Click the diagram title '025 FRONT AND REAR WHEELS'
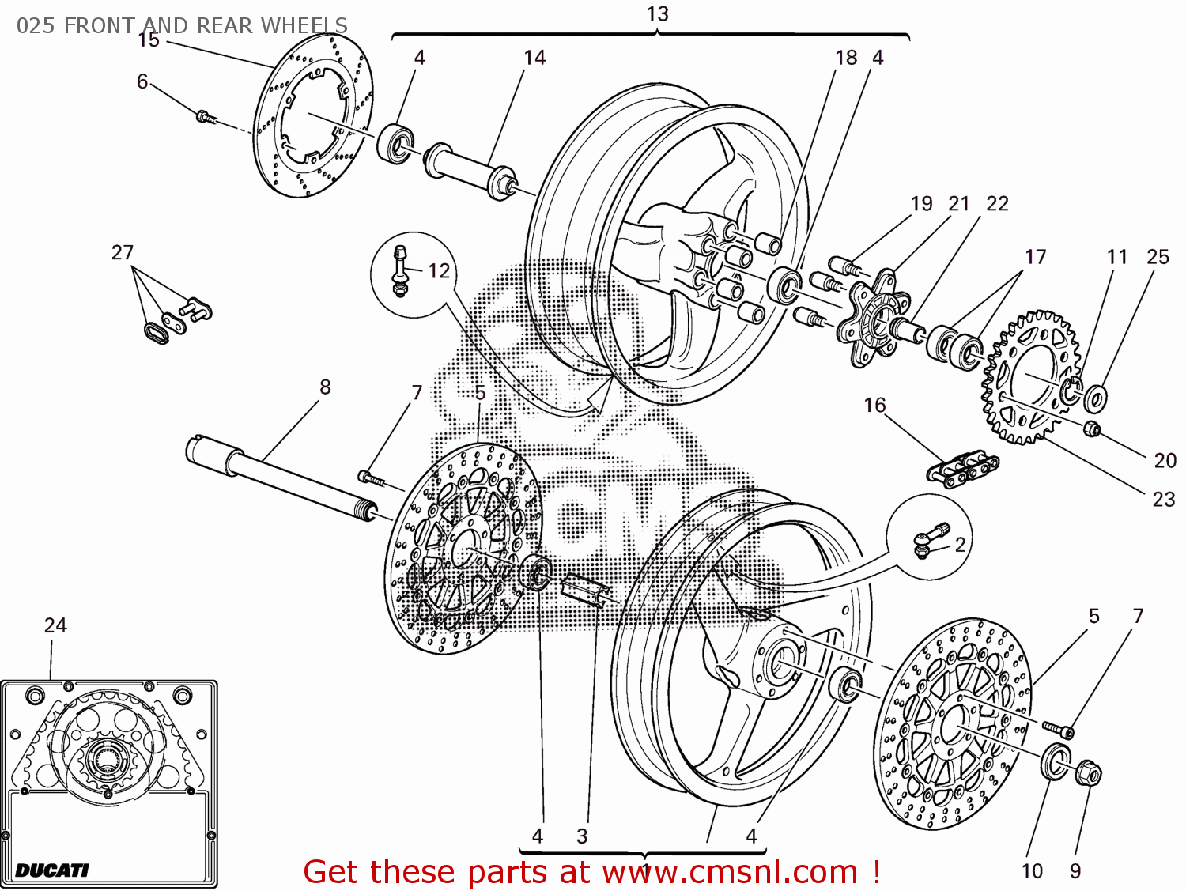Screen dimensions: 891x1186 pyautogui.click(x=182, y=25)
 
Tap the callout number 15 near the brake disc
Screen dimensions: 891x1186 pyautogui.click(x=149, y=40)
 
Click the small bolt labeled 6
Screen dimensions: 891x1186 pyautogui.click(x=204, y=117)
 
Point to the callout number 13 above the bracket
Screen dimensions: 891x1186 pyautogui.click(x=657, y=14)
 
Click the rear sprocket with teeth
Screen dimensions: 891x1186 pyautogui.click(x=1028, y=378)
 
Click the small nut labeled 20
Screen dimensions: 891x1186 pyautogui.click(x=1090, y=429)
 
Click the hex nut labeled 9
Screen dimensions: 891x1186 pyautogui.click(x=1088, y=772)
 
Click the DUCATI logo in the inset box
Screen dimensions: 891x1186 pyautogui.click(x=52, y=870)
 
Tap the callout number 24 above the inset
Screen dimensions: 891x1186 pyautogui.click(x=55, y=625)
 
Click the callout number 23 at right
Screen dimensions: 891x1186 pyautogui.click(x=1163, y=499)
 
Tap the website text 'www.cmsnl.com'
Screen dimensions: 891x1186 pyautogui.click(x=729, y=872)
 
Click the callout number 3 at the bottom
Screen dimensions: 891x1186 pyautogui.click(x=582, y=836)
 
